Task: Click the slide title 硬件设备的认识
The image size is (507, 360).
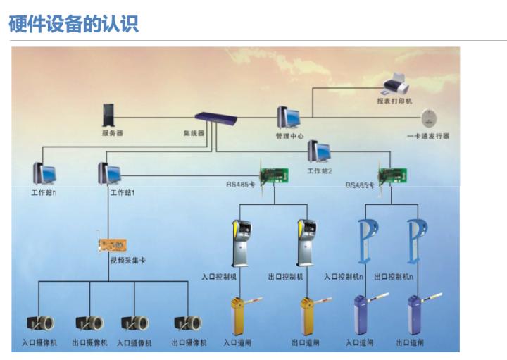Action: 73,24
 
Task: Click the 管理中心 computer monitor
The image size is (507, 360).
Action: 288,116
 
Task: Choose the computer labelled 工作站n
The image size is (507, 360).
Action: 44,173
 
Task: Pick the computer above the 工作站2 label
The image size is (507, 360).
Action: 319,151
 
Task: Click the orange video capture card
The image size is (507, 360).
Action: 113,245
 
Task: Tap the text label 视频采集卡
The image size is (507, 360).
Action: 127,260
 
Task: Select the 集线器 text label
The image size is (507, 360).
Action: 194,132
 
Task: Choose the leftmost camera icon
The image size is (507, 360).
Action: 40,323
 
